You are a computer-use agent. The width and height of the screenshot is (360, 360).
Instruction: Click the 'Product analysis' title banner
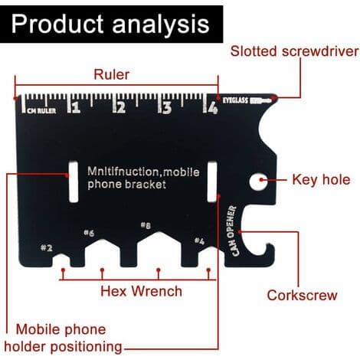point(111,24)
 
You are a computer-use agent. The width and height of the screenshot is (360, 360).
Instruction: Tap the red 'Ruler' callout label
point(112,74)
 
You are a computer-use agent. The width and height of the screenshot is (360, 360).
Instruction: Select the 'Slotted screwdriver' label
point(294,51)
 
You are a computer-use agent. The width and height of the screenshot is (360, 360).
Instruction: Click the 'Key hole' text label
point(321,179)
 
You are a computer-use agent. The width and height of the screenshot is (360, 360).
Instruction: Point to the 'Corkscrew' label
point(302,295)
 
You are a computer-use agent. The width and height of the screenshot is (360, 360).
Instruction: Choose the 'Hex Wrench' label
point(141,291)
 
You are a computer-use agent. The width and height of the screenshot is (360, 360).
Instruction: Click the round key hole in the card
point(258,182)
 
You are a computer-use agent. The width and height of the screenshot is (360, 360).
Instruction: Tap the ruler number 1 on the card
point(76,107)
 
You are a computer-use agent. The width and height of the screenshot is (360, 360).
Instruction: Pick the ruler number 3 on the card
point(167,107)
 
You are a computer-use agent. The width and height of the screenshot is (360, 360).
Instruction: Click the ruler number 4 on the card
point(213,108)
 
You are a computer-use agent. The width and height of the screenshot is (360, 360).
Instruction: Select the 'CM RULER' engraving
point(41,111)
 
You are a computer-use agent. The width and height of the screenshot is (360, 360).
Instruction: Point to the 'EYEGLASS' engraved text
point(235,100)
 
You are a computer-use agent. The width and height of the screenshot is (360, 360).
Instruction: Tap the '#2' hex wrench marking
point(47,247)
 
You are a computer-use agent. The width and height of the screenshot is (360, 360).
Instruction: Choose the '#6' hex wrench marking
point(89,233)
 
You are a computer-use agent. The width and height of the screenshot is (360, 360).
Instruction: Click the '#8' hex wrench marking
point(146,225)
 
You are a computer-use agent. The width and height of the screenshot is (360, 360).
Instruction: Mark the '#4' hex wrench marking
point(199,241)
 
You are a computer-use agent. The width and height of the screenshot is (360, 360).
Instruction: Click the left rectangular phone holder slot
point(74,182)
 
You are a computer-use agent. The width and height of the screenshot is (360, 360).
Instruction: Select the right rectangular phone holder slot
point(212,182)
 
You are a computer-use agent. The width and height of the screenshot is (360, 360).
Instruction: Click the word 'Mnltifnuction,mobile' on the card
point(143,172)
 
